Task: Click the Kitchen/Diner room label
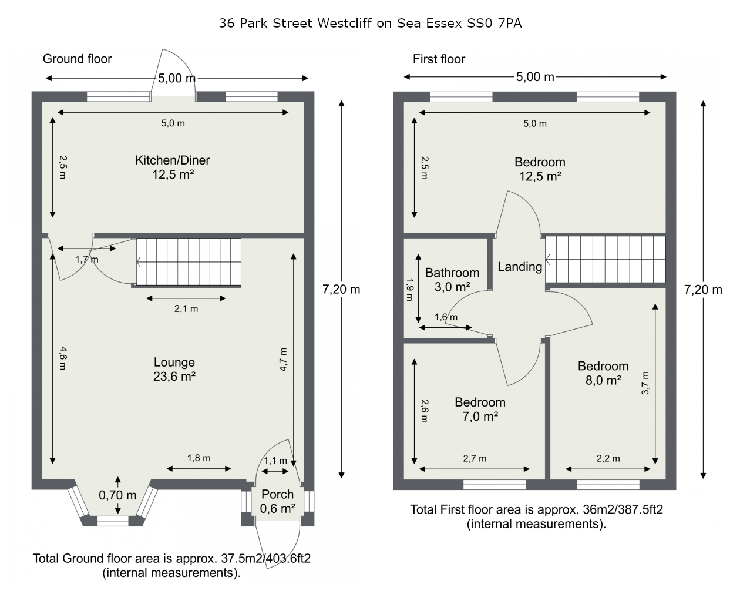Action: pos(172,160)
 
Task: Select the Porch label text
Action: pos(277,494)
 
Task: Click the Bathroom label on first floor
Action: pos(452,273)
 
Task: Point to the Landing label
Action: pos(520,267)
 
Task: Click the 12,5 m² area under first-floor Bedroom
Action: pos(540,176)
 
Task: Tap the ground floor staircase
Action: pos(189,262)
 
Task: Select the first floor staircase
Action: pos(606,259)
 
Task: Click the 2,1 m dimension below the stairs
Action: pos(186,308)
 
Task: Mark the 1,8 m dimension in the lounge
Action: pos(199,458)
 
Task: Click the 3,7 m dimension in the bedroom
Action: pos(645,383)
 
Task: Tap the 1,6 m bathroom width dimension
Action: pos(446,317)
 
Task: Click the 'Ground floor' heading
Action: pos(77,59)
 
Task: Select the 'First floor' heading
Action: pos(439,59)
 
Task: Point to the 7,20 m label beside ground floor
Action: pos(341,289)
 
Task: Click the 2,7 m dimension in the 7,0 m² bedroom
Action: pos(475,458)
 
